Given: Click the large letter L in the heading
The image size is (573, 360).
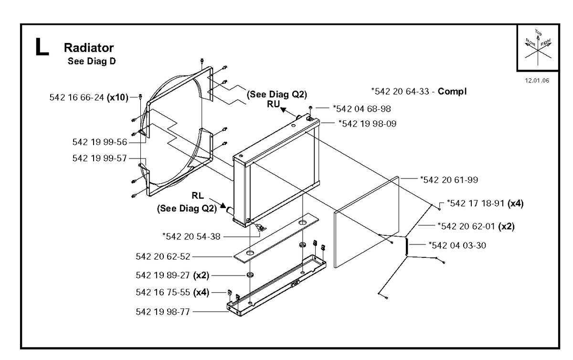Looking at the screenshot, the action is point(42,47).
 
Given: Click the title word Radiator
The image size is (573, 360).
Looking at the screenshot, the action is point(89,48).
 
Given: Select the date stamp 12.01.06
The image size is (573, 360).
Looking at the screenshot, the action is point(537,81).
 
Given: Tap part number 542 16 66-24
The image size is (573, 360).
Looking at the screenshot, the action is point(76,97).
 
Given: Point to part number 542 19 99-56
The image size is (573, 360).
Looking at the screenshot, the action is point(100,142).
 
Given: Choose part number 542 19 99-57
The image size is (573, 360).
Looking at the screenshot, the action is point(100,158).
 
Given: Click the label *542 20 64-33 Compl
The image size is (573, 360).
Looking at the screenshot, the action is point(419,91).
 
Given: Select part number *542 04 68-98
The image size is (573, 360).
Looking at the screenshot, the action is point(362,109).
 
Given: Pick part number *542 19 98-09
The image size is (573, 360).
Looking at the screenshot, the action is point(368,124).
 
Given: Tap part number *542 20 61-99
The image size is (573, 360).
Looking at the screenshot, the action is point(449,180).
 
